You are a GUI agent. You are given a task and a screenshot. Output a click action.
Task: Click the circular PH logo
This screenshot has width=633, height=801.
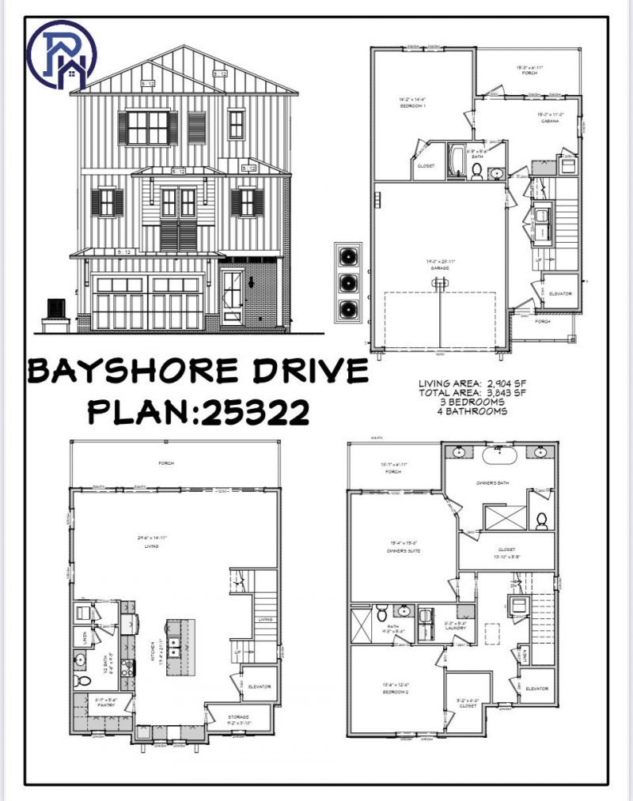click(x=61, y=53)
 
